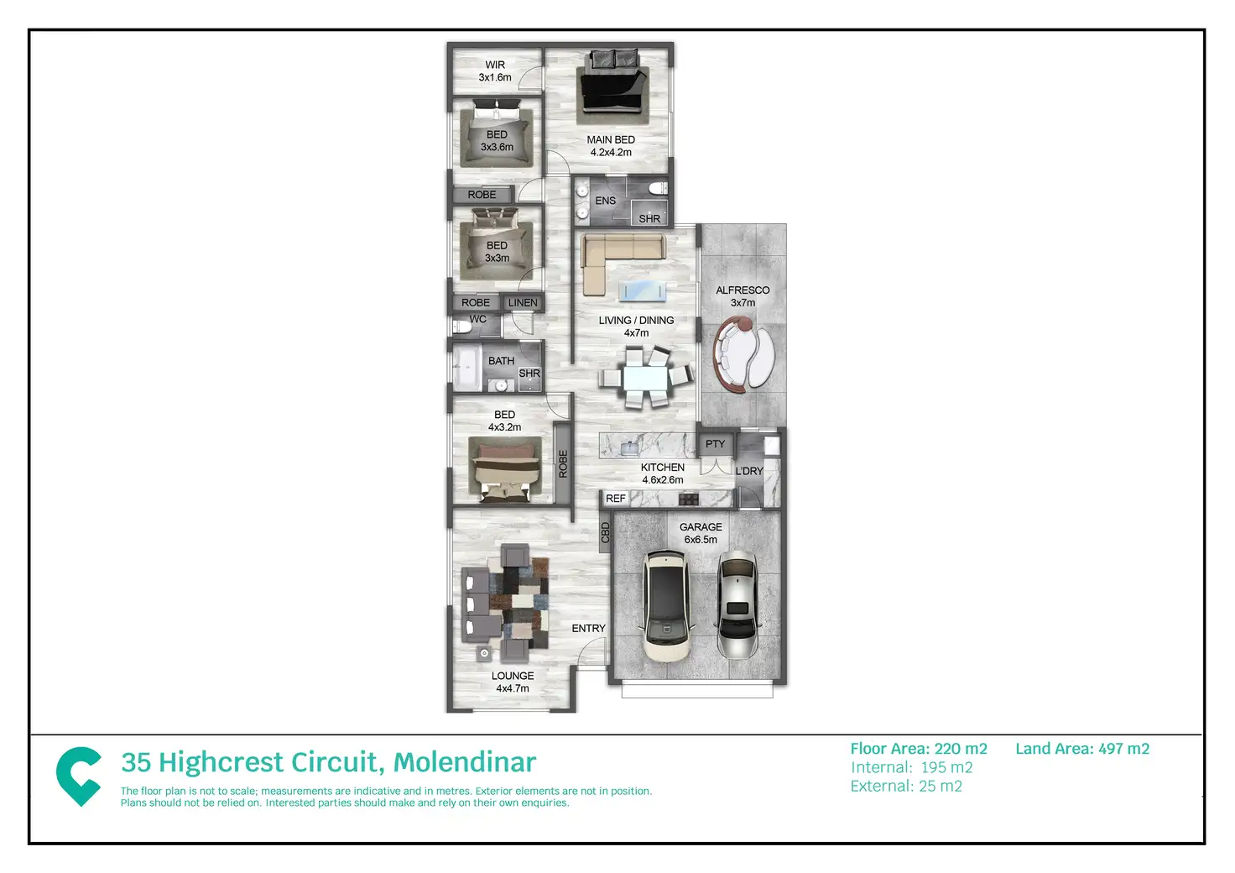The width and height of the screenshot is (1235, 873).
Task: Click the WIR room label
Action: click(x=495, y=65)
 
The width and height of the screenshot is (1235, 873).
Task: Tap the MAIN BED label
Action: click(x=611, y=140)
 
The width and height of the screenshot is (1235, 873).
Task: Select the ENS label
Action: click(x=605, y=201)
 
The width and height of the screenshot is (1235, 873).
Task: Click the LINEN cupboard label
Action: click(x=523, y=303)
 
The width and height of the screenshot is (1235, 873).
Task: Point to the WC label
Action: click(x=478, y=320)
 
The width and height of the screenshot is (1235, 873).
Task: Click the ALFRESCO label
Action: click(x=743, y=290)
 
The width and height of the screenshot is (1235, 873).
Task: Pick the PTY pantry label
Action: click(x=715, y=444)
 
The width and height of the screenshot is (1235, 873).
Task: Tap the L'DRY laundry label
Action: click(x=749, y=471)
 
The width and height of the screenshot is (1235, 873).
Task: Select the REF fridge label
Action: click(x=616, y=499)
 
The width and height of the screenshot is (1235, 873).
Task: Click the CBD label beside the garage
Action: click(x=606, y=533)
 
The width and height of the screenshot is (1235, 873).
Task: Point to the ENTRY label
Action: click(x=588, y=629)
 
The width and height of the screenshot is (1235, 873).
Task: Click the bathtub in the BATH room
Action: click(x=466, y=368)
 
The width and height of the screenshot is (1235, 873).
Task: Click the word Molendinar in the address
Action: click(x=465, y=762)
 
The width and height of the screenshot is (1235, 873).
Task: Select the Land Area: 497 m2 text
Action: click(x=1082, y=749)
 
